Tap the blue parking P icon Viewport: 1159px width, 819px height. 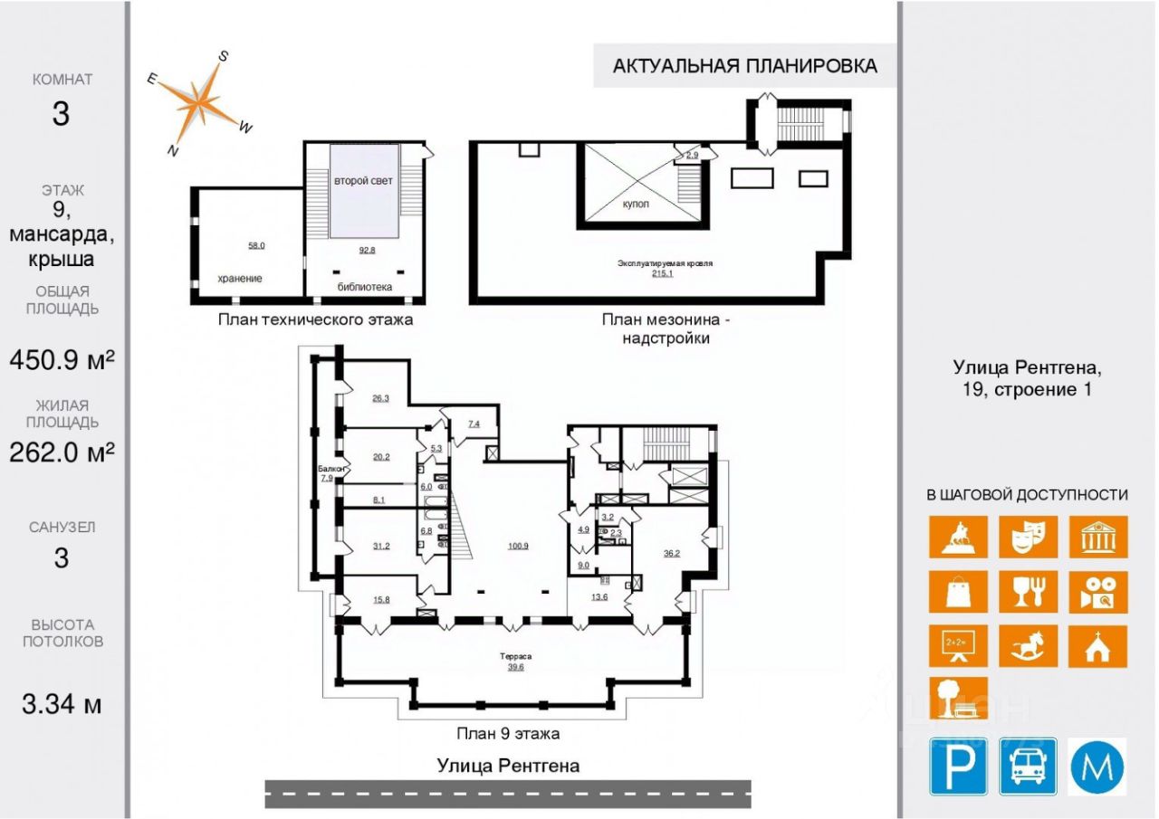tap(959, 767)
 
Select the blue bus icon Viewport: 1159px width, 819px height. tap(1029, 767)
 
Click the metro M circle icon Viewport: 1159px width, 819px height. tap(1097, 767)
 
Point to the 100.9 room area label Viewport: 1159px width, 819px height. tap(518, 547)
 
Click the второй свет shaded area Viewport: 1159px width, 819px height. tap(363, 204)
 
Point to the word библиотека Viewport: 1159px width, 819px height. tap(364, 288)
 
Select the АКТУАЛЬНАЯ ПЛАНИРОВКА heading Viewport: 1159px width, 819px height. tap(745, 66)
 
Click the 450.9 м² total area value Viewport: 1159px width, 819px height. tap(62, 360)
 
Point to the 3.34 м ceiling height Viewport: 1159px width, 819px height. tap(62, 703)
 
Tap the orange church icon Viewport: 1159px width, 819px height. tap(1097, 646)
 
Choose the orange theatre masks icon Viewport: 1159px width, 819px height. tap(1028, 537)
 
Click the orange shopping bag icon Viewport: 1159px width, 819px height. tap(958, 592)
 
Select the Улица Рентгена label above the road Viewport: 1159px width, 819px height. tap(508, 766)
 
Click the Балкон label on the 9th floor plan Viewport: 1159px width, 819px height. tap(328, 469)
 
